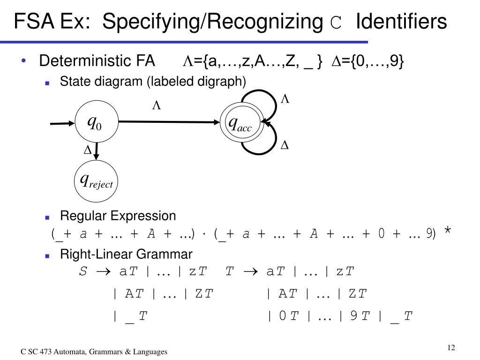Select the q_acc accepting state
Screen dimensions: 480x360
point(240,123)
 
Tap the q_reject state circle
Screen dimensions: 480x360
point(96,180)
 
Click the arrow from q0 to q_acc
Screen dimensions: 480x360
point(169,122)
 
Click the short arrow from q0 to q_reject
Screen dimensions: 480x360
point(97,151)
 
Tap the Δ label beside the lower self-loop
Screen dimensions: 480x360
point(284,146)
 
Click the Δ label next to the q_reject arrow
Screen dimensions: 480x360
point(87,150)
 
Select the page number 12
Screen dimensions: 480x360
point(451,347)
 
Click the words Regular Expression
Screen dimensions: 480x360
point(118,216)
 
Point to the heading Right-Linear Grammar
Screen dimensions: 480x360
point(126,255)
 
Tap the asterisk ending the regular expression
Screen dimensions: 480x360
point(448,231)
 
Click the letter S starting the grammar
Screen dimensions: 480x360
point(83,272)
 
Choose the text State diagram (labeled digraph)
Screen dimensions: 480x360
point(153,82)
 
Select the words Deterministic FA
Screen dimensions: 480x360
point(97,61)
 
